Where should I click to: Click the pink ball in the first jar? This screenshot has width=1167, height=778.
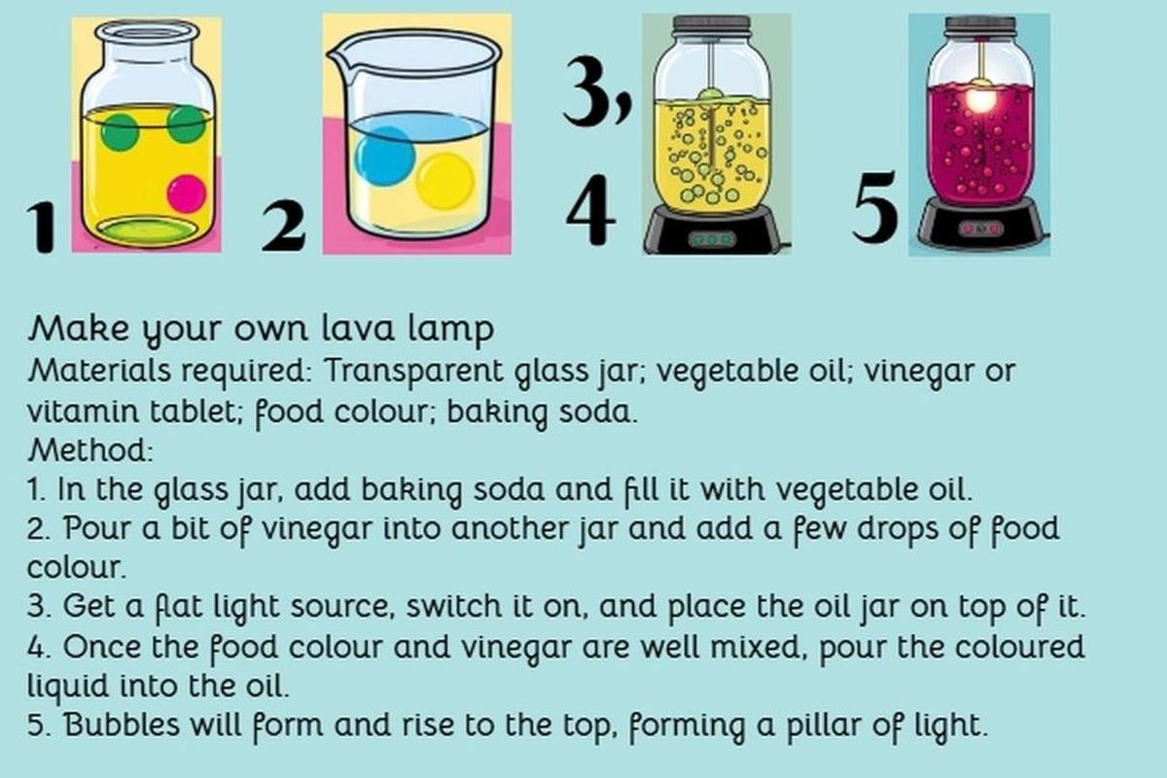(187, 194)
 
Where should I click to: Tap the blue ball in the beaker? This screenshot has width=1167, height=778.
(384, 156)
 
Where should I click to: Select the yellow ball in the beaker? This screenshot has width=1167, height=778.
(445, 182)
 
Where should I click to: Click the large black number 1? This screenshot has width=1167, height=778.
(42, 228)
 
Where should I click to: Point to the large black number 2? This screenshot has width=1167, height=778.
(284, 227)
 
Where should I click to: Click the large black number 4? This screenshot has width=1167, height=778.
(591, 209)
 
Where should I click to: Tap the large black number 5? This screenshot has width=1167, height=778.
(876, 207)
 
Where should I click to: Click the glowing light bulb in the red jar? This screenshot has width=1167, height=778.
(980, 100)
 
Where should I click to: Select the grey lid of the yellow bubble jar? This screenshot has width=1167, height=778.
(712, 26)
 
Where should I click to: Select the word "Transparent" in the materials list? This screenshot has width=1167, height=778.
(414, 371)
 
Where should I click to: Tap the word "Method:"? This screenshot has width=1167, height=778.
(90, 449)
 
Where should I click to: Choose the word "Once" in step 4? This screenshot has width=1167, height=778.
(102, 647)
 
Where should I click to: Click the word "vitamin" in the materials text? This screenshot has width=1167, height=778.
(84, 411)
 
